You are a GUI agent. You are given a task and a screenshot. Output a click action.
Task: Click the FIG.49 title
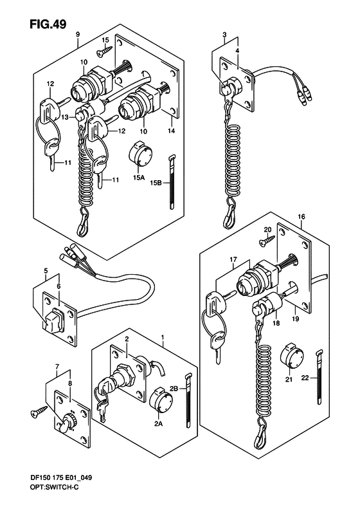(48, 24)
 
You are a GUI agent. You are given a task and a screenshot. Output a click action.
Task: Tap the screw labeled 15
(104, 50)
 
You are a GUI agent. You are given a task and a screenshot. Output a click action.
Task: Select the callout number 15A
(138, 178)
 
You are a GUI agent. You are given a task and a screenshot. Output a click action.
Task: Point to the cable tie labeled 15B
(172, 182)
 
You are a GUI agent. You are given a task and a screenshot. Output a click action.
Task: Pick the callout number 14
(171, 131)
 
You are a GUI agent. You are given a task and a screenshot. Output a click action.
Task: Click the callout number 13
(65, 117)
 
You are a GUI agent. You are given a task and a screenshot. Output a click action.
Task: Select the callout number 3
(224, 35)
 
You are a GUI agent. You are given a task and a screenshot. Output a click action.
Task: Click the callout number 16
(301, 216)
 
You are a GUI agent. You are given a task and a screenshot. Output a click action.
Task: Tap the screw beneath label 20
(267, 241)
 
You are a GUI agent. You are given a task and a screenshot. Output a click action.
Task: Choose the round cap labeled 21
(291, 358)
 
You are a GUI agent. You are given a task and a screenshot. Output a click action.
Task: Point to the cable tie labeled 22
(319, 377)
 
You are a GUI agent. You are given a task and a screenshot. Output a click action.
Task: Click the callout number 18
(276, 323)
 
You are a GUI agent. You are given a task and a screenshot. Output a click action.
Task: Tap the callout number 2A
(158, 423)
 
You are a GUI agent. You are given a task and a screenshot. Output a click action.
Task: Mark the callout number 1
(162, 338)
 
